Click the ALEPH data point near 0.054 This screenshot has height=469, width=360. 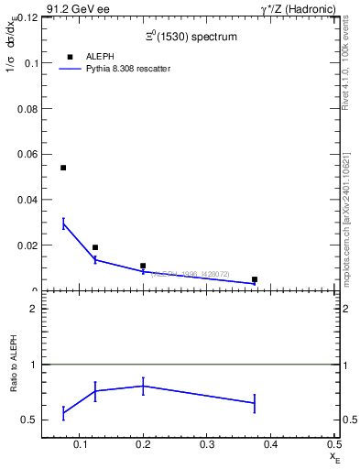click(63, 168)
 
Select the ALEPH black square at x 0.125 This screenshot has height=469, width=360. click(95, 247)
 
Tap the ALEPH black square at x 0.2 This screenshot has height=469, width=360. click(143, 266)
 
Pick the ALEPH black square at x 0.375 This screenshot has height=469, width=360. click(255, 279)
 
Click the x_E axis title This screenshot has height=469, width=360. click(333, 455)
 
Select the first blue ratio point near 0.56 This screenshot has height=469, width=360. click(63, 413)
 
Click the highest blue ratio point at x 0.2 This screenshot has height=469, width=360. click(143, 386)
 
